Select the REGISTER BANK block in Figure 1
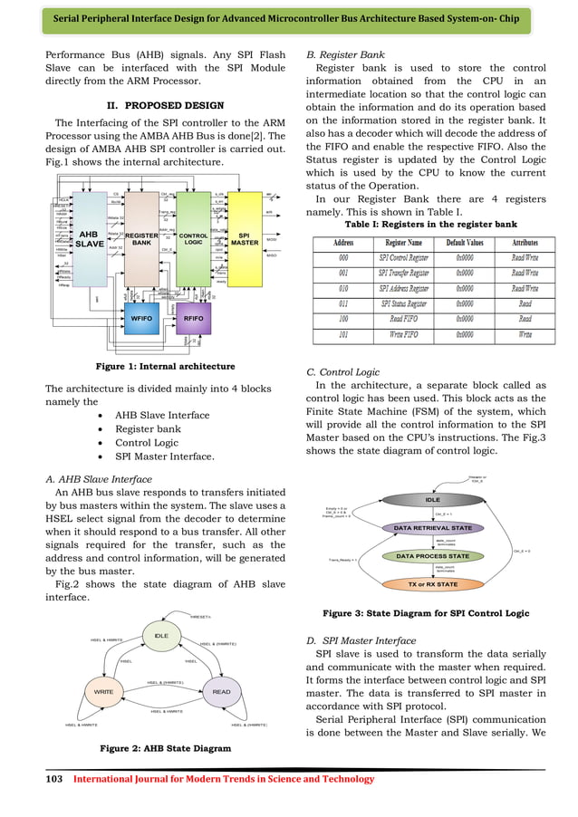[141, 238]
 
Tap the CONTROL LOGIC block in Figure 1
[192, 238]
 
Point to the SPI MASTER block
[243, 238]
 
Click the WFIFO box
[140, 319]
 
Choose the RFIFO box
[192, 319]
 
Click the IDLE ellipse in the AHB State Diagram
[161, 636]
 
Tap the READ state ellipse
[221, 692]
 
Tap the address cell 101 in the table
[343, 333]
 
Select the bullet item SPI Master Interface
[164, 457]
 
